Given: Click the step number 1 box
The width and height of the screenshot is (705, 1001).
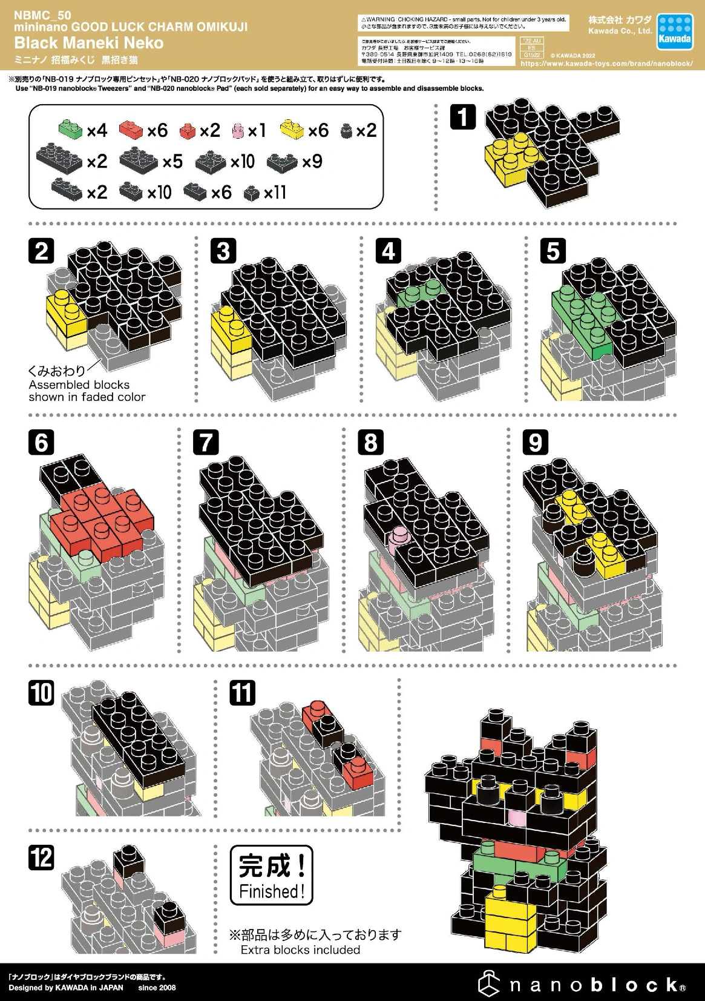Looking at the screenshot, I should (x=463, y=117).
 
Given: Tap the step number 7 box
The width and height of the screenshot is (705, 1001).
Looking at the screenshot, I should (x=206, y=442).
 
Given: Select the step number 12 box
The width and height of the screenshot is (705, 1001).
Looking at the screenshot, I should (x=41, y=858).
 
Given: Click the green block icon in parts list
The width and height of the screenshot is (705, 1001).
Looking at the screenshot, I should (x=70, y=128).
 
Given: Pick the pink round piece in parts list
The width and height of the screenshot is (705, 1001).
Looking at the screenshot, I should (x=238, y=130).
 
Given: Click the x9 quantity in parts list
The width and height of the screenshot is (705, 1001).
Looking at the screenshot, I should (x=312, y=162).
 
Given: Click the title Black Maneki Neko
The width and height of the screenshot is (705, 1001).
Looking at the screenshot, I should (x=89, y=43).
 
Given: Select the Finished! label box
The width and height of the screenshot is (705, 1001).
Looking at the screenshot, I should (x=272, y=875).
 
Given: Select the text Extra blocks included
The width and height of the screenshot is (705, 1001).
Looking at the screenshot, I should (x=300, y=950).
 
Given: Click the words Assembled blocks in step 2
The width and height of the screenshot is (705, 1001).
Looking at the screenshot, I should (x=79, y=385).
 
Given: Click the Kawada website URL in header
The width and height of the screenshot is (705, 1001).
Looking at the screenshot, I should (x=606, y=64).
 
